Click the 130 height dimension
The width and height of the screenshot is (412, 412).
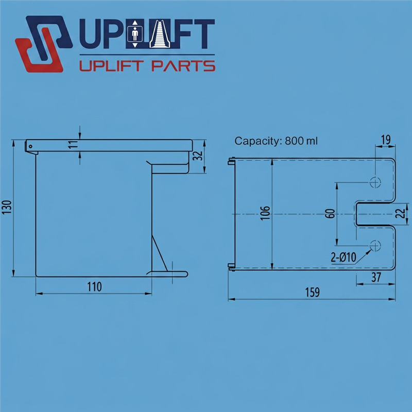click(7, 207)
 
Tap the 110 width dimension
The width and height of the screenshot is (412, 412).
click(94, 287)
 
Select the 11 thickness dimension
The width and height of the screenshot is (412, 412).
click(74, 144)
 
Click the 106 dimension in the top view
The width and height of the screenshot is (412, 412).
click(266, 213)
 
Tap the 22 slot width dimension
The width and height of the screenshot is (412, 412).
click(401, 213)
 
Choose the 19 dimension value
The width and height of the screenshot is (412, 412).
click(386, 140)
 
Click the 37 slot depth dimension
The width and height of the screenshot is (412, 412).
click(376, 277)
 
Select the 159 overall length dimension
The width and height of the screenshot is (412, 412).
click(313, 292)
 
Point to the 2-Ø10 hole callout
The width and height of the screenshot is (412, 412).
click(344, 257)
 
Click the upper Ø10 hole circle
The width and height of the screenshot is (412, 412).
click(375, 182)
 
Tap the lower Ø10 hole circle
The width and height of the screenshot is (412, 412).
click(375, 246)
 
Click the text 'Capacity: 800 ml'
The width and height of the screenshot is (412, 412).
click(276, 141)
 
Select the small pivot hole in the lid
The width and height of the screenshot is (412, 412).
click(30, 146)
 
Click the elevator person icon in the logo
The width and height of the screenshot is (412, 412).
click(135, 34)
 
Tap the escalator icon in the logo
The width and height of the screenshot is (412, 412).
click(160, 34)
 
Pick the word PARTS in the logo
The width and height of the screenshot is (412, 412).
click(183, 66)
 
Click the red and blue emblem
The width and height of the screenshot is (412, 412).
click(44, 44)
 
